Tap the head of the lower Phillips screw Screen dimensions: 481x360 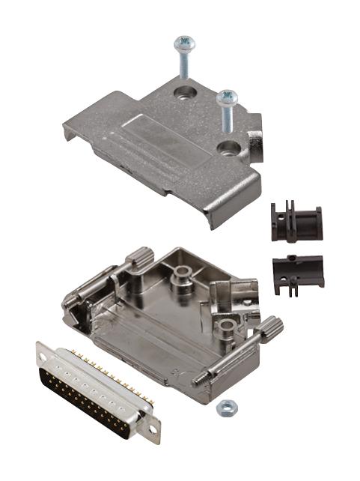pos(227,97)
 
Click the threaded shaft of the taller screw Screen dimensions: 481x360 pos(183,66)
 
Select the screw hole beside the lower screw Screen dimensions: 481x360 pos(226,148)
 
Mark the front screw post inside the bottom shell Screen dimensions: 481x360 pos(222,324)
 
